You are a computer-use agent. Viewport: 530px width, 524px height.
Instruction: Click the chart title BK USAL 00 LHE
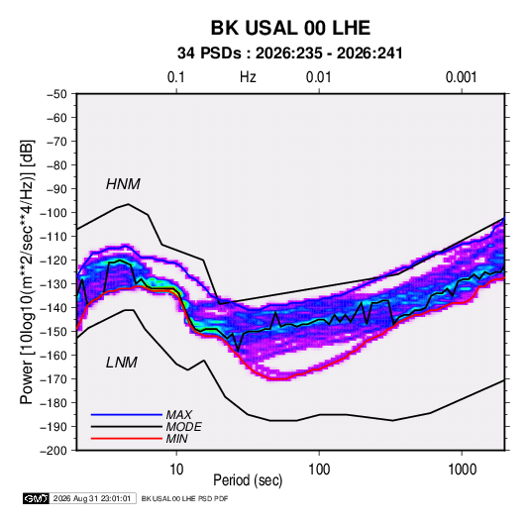pyautogui.click(x=290, y=28)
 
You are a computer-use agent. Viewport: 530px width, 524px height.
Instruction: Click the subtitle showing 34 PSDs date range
pyautogui.click(x=290, y=53)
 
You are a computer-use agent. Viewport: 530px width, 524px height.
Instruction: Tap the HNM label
pyautogui.click(x=123, y=184)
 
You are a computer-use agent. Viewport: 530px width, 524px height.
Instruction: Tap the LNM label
pyautogui.click(x=122, y=363)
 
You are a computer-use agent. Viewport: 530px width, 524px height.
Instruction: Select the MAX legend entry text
pyautogui.click(x=178, y=415)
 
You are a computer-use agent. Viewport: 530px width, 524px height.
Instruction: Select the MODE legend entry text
pyautogui.click(x=183, y=427)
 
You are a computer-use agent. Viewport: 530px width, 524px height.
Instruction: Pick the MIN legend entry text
pyautogui.click(x=176, y=439)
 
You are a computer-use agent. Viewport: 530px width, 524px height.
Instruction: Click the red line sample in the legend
pyautogui.click(x=127, y=439)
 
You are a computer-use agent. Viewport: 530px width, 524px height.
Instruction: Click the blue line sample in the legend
pyautogui.click(x=127, y=415)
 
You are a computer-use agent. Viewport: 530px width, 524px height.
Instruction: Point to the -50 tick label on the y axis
pyautogui.click(x=56, y=94)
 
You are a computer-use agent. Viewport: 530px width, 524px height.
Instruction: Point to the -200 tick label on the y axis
pyautogui.click(x=53, y=451)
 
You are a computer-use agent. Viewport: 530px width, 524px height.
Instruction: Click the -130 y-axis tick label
pyautogui.click(x=53, y=284)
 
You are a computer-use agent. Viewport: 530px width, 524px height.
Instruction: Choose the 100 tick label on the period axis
pyautogui.click(x=319, y=470)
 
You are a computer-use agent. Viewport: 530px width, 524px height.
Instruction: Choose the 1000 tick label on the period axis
pyautogui.click(x=462, y=470)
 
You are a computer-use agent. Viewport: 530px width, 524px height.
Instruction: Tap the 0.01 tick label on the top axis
pyautogui.click(x=318, y=77)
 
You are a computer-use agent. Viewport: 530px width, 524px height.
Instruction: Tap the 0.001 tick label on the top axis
pyautogui.click(x=461, y=77)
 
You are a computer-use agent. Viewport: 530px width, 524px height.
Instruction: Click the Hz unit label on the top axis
pyautogui.click(x=248, y=77)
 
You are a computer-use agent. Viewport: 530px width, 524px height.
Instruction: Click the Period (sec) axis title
pyautogui.click(x=248, y=480)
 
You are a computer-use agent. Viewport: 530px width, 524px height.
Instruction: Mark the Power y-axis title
pyautogui.click(x=27, y=272)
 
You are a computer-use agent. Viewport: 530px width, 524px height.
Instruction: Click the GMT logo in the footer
pyautogui.click(x=36, y=498)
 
